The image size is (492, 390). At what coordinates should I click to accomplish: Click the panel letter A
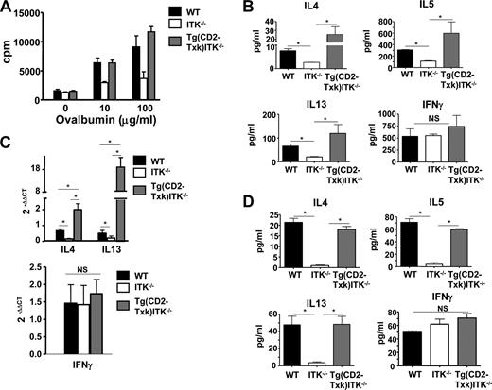tap(8, 8)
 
